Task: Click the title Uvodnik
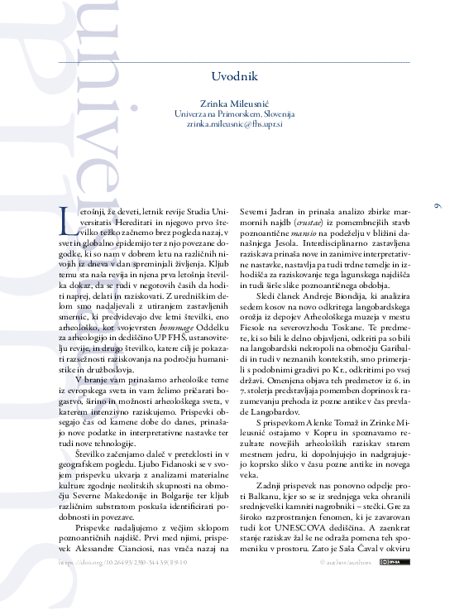click(235, 76)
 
